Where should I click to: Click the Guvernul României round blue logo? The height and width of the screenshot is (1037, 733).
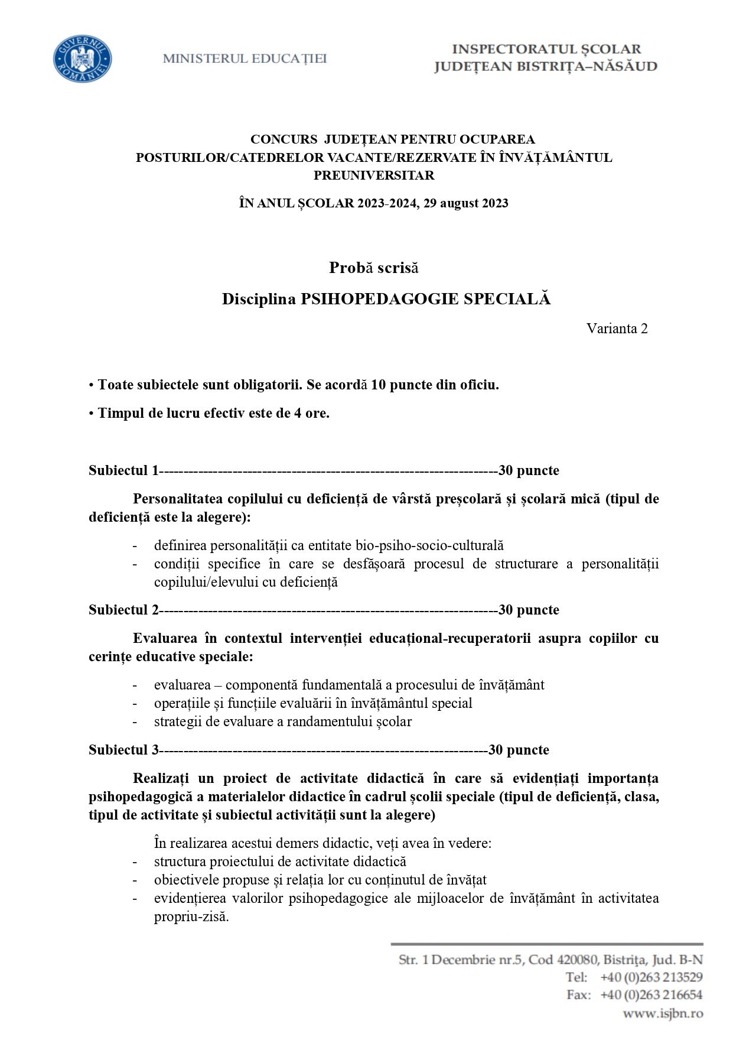pos(82,59)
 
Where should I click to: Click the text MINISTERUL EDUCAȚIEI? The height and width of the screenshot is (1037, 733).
pos(245,59)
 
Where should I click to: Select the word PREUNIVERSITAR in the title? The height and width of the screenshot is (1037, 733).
pos(373,175)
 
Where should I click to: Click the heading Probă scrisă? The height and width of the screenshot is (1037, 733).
pos(373,268)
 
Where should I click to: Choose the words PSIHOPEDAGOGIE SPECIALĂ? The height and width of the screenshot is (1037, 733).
pos(425,299)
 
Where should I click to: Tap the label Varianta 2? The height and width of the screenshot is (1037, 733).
pos(617,329)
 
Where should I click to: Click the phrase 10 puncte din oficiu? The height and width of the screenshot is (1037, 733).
pos(435,385)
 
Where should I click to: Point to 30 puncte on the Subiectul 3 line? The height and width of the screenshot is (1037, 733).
pos(519,750)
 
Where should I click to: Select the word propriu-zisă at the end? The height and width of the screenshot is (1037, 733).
pos(191,917)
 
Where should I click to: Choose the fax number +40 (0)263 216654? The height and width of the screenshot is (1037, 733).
pos(651,995)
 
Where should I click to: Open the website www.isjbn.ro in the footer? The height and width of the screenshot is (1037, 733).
pos(663,1013)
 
